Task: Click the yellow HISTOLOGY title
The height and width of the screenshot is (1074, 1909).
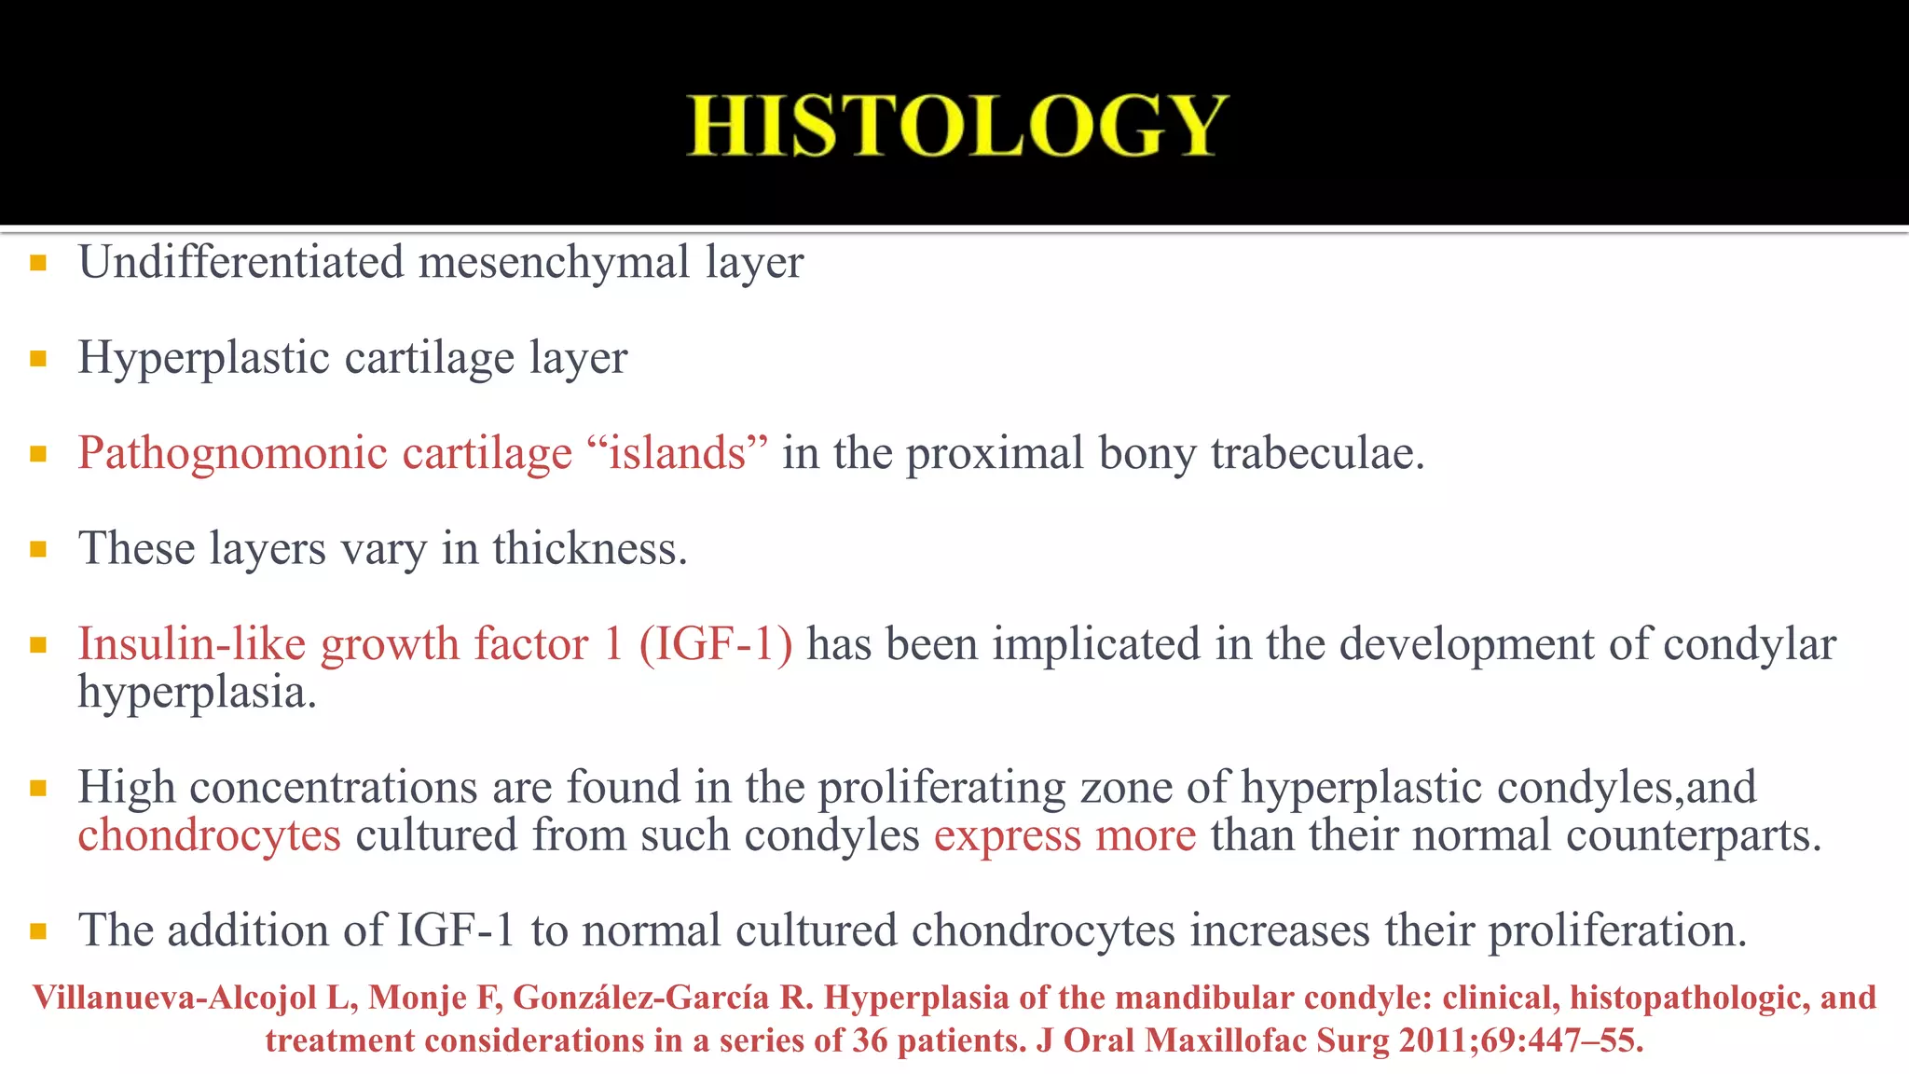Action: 957,126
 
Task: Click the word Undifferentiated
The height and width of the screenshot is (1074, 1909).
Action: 240,262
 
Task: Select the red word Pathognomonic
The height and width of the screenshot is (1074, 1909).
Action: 232,454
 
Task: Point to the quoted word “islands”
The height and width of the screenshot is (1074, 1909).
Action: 678,453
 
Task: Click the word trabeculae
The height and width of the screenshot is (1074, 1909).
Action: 1317,454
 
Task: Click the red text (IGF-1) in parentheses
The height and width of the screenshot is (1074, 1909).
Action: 716,644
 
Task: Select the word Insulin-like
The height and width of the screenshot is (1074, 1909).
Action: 191,644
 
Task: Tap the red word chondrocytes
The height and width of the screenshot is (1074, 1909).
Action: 209,835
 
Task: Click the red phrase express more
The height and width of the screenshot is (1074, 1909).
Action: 1064,835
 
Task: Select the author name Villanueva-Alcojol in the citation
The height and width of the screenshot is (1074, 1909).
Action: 175,998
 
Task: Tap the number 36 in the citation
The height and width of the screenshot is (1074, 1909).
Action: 869,1040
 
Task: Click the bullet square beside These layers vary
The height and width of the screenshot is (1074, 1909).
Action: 38,549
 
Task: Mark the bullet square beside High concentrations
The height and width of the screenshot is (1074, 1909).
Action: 38,789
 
